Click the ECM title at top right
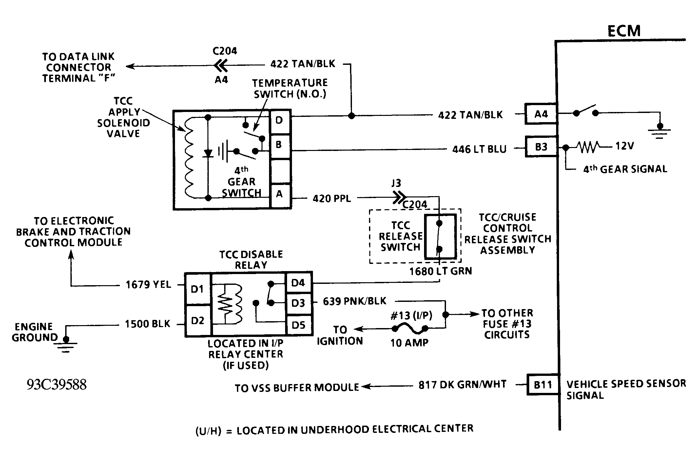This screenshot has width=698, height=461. click(x=624, y=31)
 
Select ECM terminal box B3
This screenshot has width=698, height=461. click(x=541, y=147)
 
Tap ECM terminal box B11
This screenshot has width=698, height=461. click(x=543, y=384)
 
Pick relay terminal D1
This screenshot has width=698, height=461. click(x=198, y=289)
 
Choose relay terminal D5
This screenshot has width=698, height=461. click(x=299, y=325)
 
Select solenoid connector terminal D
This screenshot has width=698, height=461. click(x=280, y=120)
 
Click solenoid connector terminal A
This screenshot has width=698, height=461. click(x=280, y=194)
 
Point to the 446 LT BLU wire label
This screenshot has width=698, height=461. click(x=479, y=150)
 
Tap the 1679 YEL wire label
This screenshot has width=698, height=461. click(x=148, y=285)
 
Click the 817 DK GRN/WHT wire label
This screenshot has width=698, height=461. click(x=462, y=384)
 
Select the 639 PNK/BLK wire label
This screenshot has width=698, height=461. click(x=355, y=301)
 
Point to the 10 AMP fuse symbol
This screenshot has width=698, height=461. click(x=409, y=327)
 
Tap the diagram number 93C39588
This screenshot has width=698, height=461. click(x=57, y=385)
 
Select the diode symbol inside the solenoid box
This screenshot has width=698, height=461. click(x=208, y=153)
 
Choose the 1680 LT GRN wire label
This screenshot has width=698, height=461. click(x=440, y=271)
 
